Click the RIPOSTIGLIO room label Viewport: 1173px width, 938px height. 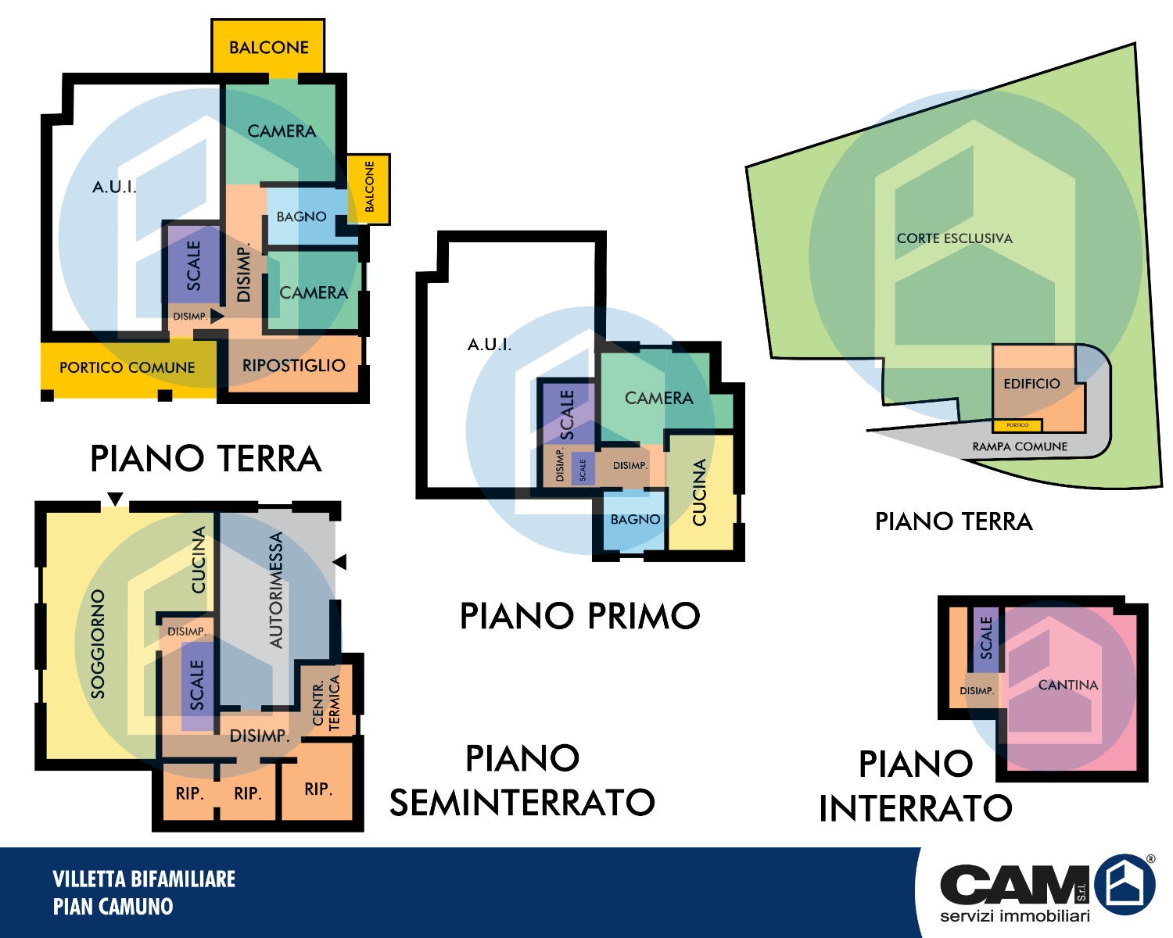pos(294,365)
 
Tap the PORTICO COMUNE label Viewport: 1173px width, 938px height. pos(127,367)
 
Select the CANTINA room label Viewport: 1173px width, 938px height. pos(1067,685)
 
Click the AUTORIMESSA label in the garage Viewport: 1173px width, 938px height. pos(276,589)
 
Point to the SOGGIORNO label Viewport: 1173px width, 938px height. pos(98,643)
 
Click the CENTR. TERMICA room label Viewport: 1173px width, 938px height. pos(326,703)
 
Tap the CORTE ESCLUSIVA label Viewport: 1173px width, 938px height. pos(954,238)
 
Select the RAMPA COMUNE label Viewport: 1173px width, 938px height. pos(1019,446)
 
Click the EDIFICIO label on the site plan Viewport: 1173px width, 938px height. pos(1031,384)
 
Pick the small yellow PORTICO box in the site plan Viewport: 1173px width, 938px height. pos(1017,425)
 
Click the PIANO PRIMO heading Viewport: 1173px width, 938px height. pos(579,616)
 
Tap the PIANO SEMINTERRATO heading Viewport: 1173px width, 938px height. pos(522,780)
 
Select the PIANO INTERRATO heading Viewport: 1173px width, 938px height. pos(915,786)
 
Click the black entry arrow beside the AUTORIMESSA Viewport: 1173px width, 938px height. pos(340,562)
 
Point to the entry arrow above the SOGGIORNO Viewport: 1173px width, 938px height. pos(115,499)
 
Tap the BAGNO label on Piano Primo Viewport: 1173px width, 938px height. pos(635,519)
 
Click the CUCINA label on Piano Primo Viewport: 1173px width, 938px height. pos(699,492)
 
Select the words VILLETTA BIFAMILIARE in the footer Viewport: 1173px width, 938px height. pos(144,879)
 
